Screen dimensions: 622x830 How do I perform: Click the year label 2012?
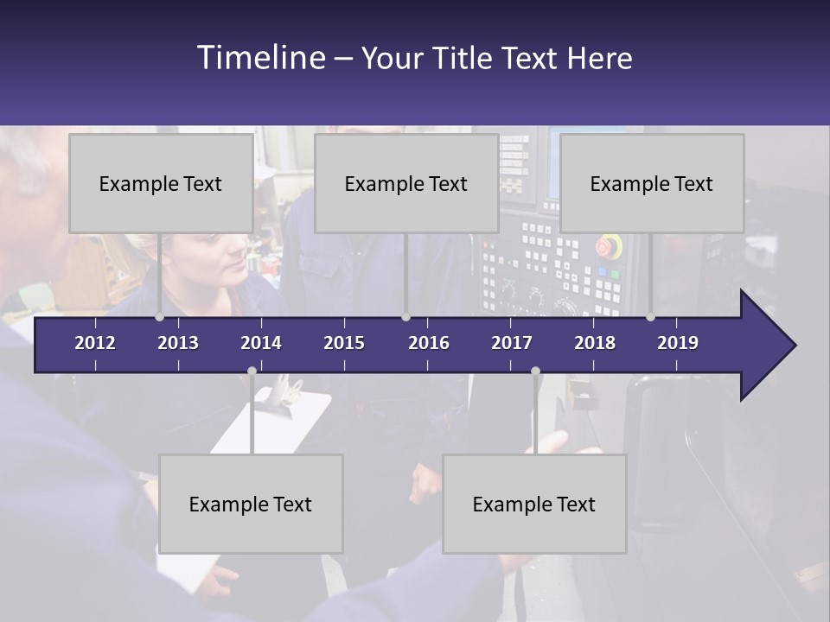tap(95, 343)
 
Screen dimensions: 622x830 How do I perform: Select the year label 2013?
tap(178, 343)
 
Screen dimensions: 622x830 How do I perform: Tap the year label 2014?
tap(261, 343)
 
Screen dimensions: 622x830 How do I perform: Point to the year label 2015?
tap(344, 343)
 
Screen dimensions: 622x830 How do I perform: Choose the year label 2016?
tap(429, 343)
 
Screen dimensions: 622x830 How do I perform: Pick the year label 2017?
tap(512, 343)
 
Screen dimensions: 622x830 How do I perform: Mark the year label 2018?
tap(595, 343)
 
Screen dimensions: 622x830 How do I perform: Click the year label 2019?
tap(678, 343)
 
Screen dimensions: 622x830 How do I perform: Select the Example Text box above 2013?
tap(161, 183)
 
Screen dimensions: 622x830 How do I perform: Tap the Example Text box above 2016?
tap(406, 183)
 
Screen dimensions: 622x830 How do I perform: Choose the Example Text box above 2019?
tap(652, 183)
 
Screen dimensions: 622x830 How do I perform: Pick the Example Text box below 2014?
tap(251, 504)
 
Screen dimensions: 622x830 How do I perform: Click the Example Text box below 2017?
tap(534, 504)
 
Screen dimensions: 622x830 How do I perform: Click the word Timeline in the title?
tap(260, 58)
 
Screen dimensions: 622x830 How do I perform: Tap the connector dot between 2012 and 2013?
tap(160, 317)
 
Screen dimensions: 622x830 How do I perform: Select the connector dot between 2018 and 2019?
tap(651, 317)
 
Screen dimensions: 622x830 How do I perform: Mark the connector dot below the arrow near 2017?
tap(535, 371)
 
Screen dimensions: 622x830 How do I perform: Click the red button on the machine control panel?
tap(610, 245)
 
